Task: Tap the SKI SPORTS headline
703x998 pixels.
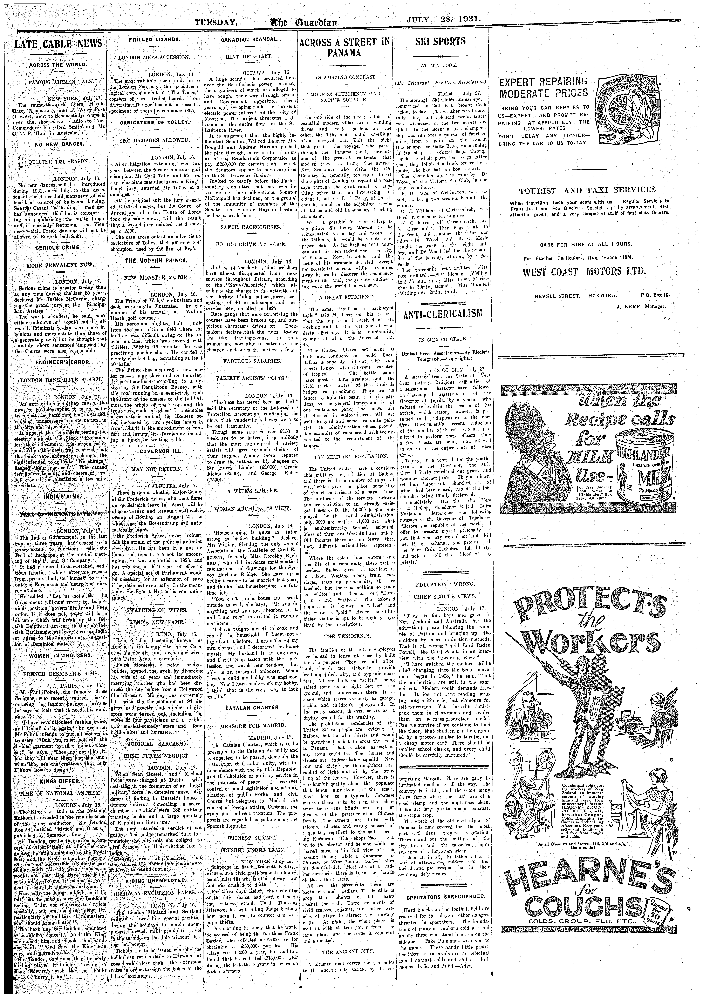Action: point(440,42)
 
